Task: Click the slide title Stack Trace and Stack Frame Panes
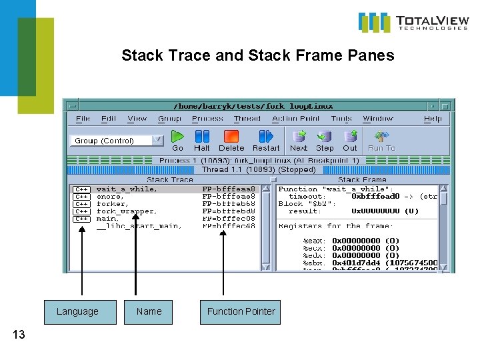point(257,55)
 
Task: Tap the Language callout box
point(77,311)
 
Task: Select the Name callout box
point(149,311)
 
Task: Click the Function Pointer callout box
point(241,311)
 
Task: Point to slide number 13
point(19,335)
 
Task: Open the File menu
point(83,119)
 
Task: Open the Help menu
point(433,119)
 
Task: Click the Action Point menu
point(296,119)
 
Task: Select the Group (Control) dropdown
point(116,141)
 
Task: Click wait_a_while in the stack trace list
point(127,189)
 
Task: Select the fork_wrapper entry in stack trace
point(127,211)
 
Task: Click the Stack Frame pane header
point(362,179)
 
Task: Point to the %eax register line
point(360,241)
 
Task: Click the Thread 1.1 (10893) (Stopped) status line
point(259,169)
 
